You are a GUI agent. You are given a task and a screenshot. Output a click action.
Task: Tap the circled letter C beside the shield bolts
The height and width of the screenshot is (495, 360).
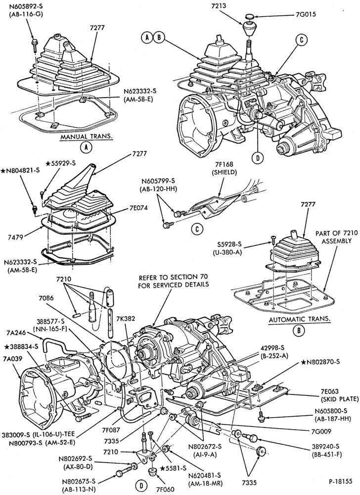pos(198,229)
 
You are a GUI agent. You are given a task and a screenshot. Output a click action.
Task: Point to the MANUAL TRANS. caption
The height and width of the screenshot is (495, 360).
pos(87,137)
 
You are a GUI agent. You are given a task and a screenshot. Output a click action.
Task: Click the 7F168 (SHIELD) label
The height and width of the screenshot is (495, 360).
pos(224,169)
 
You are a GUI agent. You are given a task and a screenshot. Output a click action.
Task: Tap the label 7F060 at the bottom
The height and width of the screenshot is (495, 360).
pos(165,489)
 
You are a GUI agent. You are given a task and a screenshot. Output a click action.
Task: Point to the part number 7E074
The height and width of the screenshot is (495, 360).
pos(138,208)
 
